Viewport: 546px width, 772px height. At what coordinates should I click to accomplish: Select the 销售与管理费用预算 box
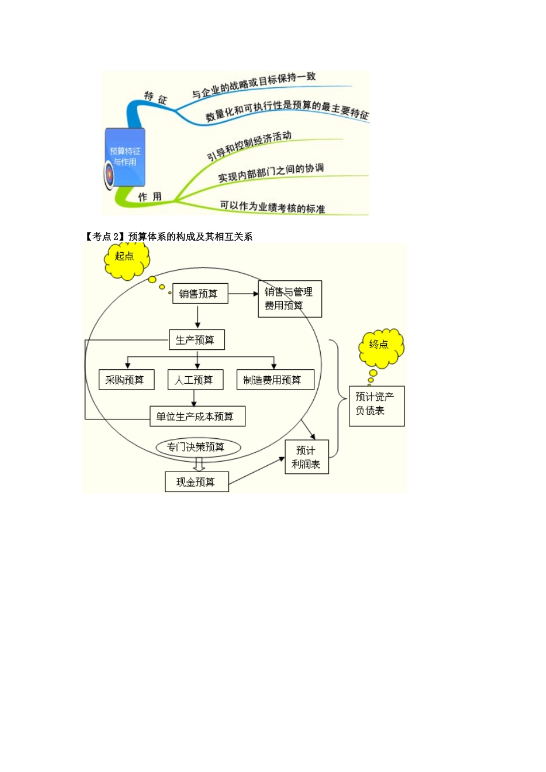click(290, 299)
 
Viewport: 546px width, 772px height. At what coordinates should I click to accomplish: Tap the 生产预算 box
click(197, 340)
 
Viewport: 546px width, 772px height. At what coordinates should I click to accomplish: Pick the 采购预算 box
click(126, 380)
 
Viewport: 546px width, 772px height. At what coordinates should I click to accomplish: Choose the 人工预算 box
click(195, 380)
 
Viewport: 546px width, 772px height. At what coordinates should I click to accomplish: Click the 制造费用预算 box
click(275, 380)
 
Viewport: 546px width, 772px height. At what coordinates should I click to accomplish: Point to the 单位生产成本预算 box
click(197, 416)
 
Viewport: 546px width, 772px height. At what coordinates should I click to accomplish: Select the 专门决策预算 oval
click(198, 447)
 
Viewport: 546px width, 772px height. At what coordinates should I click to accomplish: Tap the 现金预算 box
click(197, 482)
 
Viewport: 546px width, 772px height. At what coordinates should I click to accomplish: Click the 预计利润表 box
click(306, 457)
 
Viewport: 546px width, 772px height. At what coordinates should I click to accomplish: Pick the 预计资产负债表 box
click(376, 406)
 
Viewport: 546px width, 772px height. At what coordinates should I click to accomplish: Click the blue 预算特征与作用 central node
click(125, 157)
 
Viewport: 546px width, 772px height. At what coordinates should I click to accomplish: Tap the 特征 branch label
click(155, 98)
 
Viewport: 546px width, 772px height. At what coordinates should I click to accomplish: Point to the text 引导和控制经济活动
click(249, 146)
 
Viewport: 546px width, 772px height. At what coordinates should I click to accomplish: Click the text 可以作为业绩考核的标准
click(272, 207)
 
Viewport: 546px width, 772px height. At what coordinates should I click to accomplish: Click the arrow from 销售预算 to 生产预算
click(198, 316)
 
